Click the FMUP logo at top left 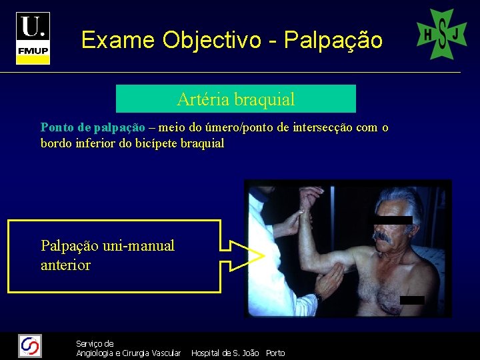(33, 38)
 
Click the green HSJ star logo (441, 34)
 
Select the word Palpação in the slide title (333, 41)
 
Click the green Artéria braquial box (236, 99)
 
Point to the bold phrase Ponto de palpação (93, 127)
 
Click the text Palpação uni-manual (107, 246)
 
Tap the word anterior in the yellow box (65, 265)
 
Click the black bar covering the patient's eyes (393, 220)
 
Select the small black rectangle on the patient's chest (413, 300)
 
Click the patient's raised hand (310, 197)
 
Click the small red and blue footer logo (30, 345)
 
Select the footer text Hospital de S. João (225, 353)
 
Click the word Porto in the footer (275, 353)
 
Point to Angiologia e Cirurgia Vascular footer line (129, 353)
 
